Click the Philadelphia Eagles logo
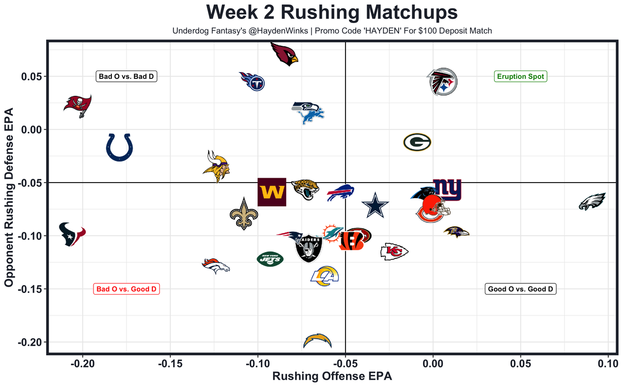[x=592, y=201]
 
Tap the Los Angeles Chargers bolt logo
[x=317, y=341]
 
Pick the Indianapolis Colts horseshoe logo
[x=119, y=147]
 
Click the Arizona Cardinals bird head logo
[x=284, y=53]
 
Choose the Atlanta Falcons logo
[x=442, y=82]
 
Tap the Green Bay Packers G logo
[x=417, y=143]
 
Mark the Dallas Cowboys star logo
[x=375, y=205]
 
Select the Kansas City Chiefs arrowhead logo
[x=394, y=251]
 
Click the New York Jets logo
[x=270, y=258]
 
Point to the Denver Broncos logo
[x=216, y=266]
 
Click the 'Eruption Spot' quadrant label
[x=520, y=76]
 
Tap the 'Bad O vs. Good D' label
[x=127, y=289]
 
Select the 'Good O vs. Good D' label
[x=520, y=289]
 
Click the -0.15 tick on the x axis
[x=170, y=363]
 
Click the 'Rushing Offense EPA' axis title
[x=332, y=376]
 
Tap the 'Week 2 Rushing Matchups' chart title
[x=332, y=12]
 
